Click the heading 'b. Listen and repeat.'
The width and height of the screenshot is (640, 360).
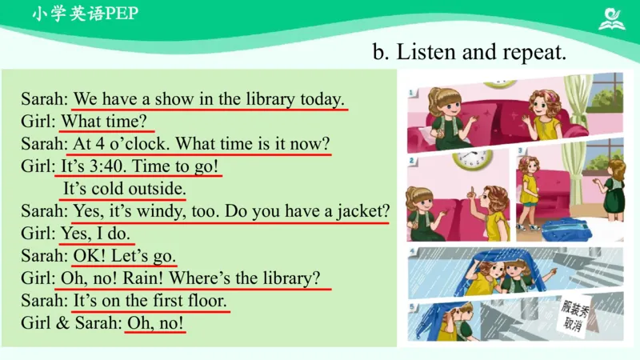(x=470, y=53)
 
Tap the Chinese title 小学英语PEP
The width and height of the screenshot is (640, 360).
(x=85, y=14)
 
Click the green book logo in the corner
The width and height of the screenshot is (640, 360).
(x=612, y=18)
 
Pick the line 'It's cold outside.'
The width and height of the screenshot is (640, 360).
(x=125, y=190)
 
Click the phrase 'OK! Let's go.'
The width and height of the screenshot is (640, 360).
(x=125, y=257)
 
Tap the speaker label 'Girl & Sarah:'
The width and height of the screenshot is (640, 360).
(x=70, y=324)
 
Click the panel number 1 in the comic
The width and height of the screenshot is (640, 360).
(x=411, y=93)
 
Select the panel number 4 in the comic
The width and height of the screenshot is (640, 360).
(x=412, y=253)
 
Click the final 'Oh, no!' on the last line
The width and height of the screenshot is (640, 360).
(x=156, y=324)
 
